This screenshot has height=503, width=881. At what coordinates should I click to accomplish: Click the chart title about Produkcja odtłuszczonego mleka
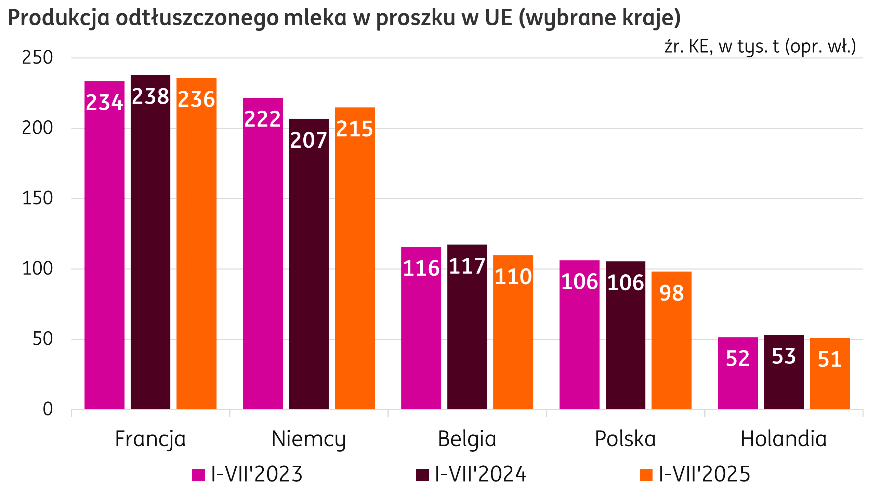(344, 18)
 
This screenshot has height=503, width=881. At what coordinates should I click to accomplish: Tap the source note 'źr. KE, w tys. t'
(760, 46)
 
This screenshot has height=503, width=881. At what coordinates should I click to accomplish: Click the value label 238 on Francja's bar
(150, 96)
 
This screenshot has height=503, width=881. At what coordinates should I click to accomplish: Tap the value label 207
(308, 140)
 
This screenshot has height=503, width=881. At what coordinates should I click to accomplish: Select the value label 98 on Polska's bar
(672, 293)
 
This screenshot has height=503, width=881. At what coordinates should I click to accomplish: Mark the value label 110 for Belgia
(513, 277)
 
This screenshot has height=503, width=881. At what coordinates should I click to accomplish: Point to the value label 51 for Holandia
(830, 359)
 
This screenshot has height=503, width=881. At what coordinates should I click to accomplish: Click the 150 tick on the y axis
(37, 199)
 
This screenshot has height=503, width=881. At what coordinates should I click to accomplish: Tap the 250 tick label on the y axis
(37, 58)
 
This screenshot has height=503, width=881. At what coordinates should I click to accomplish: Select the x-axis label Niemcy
(308, 439)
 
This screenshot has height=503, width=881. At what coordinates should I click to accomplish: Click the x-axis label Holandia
(784, 439)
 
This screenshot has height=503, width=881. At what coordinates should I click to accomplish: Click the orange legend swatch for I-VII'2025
(646, 475)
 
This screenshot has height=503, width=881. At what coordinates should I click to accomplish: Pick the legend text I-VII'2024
(481, 474)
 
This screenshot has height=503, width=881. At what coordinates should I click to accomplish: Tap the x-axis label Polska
(625, 439)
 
